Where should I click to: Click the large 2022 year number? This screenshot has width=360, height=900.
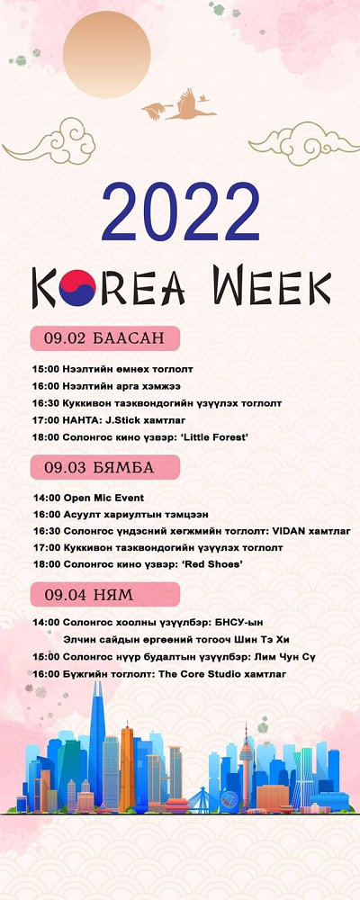click(x=180, y=211)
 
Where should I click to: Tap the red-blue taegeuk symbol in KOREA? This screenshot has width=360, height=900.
click(x=76, y=288)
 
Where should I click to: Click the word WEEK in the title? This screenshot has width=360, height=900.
click(x=272, y=285)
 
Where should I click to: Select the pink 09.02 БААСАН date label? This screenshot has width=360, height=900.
click(x=105, y=338)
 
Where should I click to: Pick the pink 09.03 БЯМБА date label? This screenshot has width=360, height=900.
click(x=105, y=467)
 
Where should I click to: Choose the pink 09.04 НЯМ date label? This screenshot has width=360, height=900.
click(x=105, y=595)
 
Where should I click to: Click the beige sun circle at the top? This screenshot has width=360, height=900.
click(x=107, y=55)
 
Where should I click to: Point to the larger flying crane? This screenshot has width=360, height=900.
click(x=191, y=105)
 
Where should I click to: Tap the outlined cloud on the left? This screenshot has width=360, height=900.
click(x=50, y=140)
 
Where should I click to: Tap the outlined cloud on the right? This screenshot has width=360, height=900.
click(x=304, y=143)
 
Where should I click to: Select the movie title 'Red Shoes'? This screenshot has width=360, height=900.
click(x=211, y=565)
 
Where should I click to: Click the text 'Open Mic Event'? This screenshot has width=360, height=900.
click(x=103, y=498)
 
